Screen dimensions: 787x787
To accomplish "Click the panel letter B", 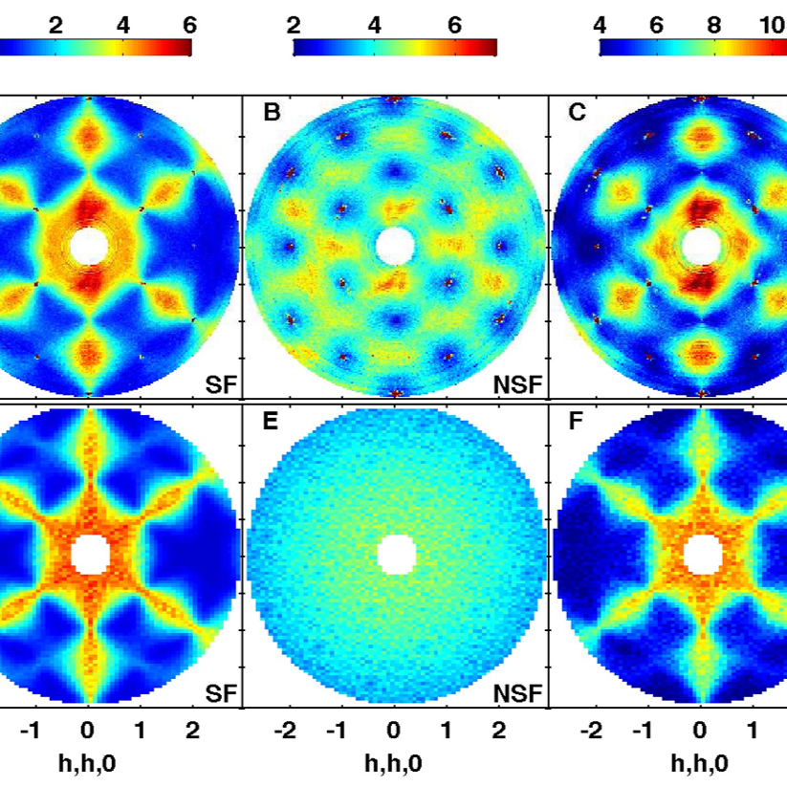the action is click(x=272, y=112).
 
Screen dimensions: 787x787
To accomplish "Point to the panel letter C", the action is click(x=577, y=112).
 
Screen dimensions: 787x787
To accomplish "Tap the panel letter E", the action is click(x=271, y=421).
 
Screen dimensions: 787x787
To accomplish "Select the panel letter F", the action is click(x=576, y=421).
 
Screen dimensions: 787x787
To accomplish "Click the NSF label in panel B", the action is click(x=518, y=385).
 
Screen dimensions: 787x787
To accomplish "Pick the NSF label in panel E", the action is click(x=518, y=693).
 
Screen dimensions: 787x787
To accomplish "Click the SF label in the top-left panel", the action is click(x=221, y=385).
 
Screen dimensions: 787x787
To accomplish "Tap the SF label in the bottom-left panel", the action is click(x=221, y=693).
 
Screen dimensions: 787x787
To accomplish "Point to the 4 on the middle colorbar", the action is click(x=375, y=25).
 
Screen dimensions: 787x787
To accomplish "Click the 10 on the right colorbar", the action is click(x=773, y=25).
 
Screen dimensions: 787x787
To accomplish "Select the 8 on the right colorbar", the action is click(x=714, y=25).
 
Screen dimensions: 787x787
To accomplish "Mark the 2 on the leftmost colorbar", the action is click(x=55, y=25).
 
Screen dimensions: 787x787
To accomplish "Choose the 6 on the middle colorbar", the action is click(x=454, y=25).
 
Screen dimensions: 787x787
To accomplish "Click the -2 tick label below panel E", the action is click(x=285, y=731).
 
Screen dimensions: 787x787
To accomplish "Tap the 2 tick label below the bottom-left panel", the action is click(x=193, y=731).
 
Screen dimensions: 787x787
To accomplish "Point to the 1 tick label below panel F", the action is click(x=752, y=731).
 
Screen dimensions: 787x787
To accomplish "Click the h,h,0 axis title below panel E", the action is click(x=394, y=764).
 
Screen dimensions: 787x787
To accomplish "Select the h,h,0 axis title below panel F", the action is click(x=700, y=764).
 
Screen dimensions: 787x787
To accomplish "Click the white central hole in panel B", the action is click(x=395, y=247).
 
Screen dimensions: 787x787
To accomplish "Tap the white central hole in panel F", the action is click(x=703, y=555).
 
